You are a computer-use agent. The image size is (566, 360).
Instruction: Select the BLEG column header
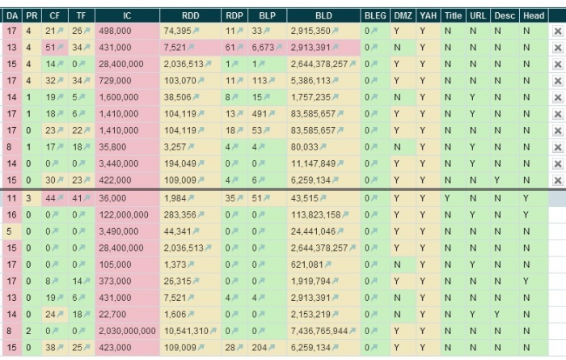375,15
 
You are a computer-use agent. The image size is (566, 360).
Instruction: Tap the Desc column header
500,15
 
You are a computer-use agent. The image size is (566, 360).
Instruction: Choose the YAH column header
427,15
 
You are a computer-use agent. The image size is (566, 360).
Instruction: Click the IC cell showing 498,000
117,31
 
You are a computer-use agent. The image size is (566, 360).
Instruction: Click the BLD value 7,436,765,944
323,332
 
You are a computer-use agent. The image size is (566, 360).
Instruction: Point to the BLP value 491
260,114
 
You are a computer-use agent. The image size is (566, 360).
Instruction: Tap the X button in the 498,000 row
557,31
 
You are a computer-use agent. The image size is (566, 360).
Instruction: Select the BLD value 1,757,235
310,96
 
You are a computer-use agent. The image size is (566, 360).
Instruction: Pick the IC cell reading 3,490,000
120,231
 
